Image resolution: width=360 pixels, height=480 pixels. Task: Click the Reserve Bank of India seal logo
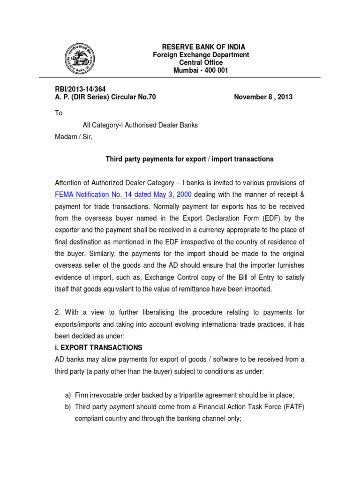79,58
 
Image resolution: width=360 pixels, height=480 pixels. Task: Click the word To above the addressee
59,113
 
